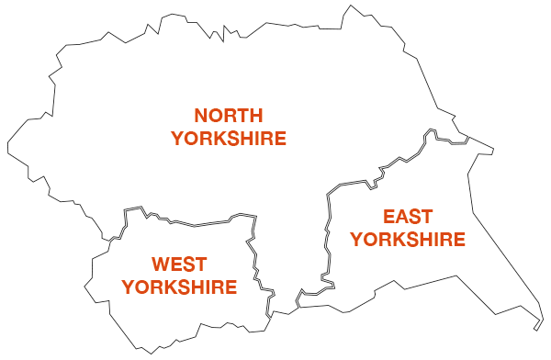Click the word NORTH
[x=229, y=116]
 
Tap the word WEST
[x=179, y=264]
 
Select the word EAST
[x=408, y=218]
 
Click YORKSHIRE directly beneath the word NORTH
[x=229, y=139]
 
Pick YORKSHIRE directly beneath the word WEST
[x=179, y=287]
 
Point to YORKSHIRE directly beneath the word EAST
[x=408, y=241]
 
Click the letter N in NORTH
[x=201, y=116]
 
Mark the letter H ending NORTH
[x=256, y=116]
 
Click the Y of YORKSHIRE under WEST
[x=129, y=287]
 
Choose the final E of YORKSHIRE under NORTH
[x=280, y=139]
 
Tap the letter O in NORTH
[x=215, y=116]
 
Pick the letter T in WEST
[x=199, y=264]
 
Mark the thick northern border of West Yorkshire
[x=193, y=222]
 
